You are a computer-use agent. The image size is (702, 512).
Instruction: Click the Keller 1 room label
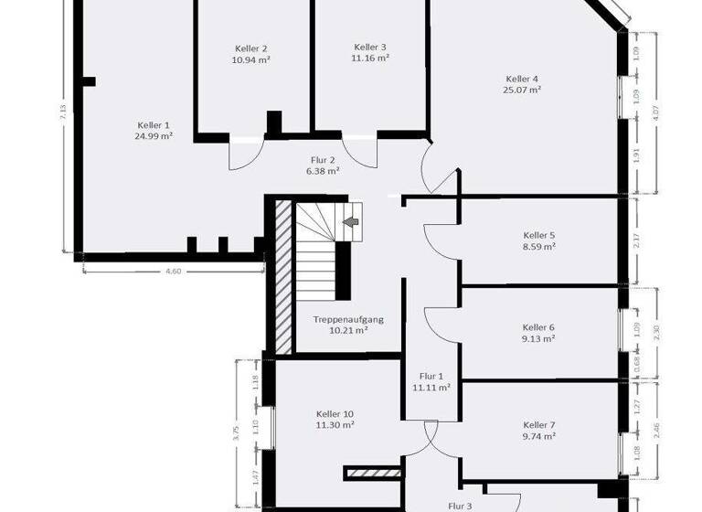click(x=154, y=125)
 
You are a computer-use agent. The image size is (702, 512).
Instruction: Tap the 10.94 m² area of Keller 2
click(x=250, y=59)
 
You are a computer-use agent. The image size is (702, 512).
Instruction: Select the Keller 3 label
click(x=370, y=48)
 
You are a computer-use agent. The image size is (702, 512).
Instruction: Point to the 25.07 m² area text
click(x=522, y=90)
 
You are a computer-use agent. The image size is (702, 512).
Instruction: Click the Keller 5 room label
click(x=538, y=235)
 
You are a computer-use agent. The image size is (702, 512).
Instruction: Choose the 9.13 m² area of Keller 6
click(x=538, y=338)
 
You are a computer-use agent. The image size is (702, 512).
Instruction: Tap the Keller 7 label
click(x=539, y=425)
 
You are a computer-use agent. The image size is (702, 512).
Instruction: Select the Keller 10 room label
click(x=335, y=413)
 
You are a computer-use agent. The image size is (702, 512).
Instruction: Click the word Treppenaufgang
click(x=348, y=319)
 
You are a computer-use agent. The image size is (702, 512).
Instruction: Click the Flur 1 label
click(x=431, y=377)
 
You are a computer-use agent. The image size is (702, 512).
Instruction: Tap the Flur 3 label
click(x=459, y=505)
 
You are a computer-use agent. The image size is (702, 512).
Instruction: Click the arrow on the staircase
click(x=350, y=221)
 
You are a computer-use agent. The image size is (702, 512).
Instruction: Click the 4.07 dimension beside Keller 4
click(x=654, y=114)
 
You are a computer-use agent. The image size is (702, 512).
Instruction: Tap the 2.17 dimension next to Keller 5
click(x=636, y=242)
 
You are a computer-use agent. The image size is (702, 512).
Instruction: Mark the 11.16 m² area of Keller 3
click(x=370, y=58)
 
